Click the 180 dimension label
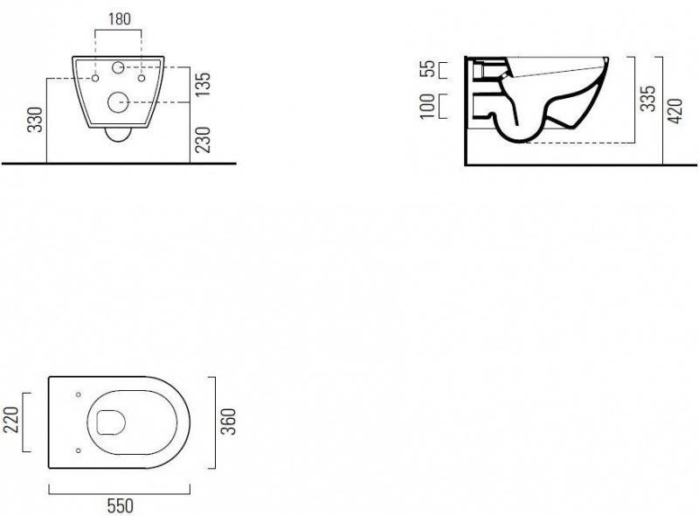coord(120,19)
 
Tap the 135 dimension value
coord(203,85)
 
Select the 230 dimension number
coord(203,140)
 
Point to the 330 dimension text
coord(35,120)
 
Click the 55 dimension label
coord(427,69)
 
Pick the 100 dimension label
coord(427,106)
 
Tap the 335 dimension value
coord(648,98)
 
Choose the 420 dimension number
coord(675,111)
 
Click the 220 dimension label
coord(10,420)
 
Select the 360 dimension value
coord(229,422)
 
